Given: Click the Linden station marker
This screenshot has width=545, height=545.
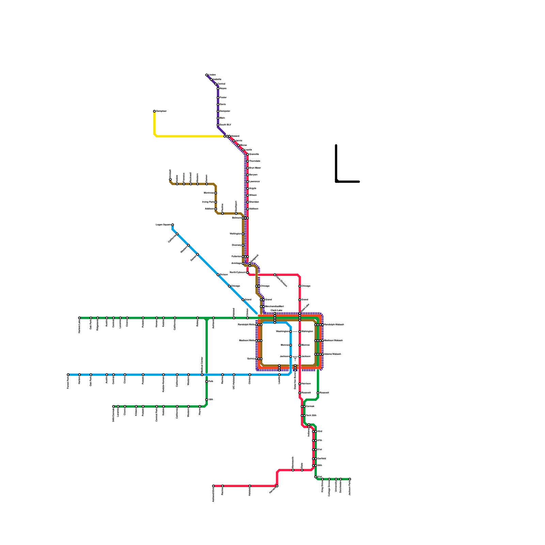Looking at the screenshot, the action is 206,75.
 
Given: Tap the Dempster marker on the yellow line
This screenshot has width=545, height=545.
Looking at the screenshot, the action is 154,111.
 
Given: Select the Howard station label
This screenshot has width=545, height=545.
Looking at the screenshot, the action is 235,136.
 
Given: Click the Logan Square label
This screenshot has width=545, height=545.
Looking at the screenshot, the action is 163,225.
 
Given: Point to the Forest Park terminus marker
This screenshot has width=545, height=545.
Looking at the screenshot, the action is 68,375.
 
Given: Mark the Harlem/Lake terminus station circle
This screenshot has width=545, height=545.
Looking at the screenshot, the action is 79,318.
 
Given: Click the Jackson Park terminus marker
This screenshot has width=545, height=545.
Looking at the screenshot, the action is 349,479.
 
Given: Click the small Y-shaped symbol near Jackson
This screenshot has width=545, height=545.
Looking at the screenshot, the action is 295,358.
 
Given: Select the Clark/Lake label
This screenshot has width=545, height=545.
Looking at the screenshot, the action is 276,310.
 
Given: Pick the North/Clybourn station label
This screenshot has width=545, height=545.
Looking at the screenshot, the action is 237,272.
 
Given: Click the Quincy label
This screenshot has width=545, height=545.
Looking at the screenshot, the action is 251,359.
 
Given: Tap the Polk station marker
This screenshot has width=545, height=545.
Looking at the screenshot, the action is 206,381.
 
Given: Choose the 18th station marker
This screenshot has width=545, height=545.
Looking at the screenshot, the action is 206,400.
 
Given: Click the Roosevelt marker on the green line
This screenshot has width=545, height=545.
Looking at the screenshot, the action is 318,393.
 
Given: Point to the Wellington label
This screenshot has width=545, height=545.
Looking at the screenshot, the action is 235,234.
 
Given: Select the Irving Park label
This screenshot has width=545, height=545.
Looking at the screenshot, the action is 208,202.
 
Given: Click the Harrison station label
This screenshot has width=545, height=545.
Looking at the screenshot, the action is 306,384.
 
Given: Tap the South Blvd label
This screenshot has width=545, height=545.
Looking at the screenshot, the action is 225,125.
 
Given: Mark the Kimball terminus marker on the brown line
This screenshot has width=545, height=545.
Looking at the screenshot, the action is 170,179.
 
